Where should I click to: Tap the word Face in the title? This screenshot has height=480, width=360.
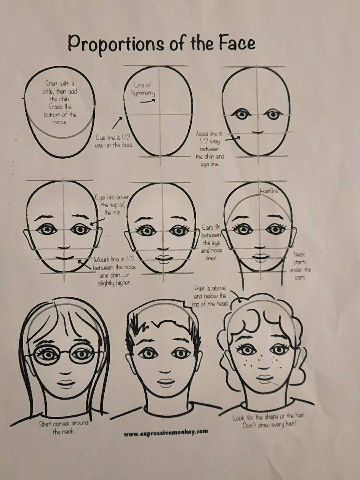click(237, 43)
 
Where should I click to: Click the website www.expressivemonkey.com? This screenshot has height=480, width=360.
click(166, 432)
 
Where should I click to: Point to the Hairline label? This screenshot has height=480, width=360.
click(269, 191)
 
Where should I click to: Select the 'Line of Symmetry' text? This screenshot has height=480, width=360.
click(143, 89)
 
